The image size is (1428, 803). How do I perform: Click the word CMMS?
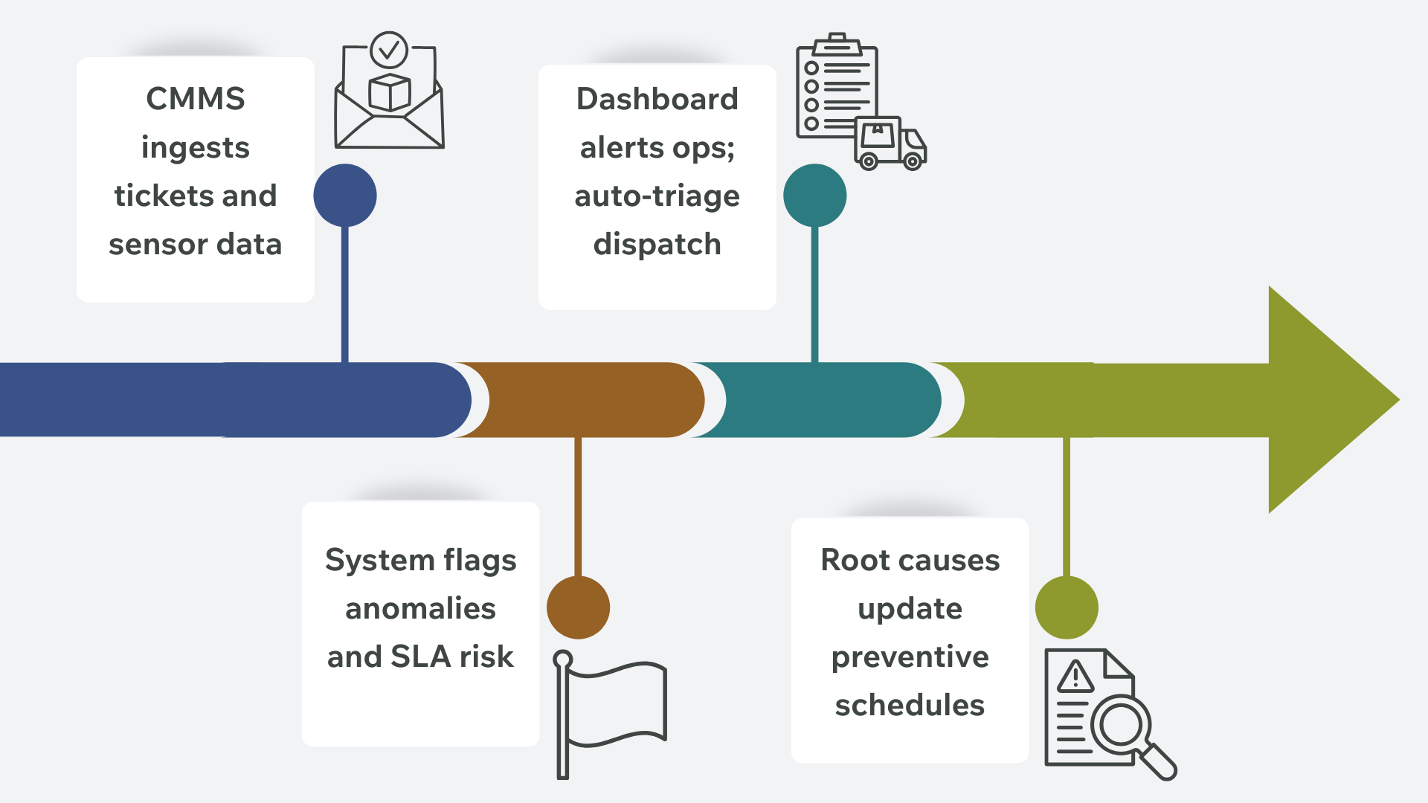point(195,99)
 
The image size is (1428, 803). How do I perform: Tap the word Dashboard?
point(657,99)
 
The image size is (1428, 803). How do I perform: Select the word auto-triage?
point(657,196)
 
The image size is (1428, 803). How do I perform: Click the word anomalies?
point(420,608)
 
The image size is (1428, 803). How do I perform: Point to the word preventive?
point(910,657)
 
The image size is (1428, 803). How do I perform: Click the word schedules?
point(910,705)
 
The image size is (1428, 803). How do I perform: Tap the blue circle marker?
point(345,196)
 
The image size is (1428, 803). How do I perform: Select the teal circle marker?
point(814,196)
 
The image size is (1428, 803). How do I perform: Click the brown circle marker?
point(578,607)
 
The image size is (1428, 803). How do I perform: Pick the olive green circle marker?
point(1067,607)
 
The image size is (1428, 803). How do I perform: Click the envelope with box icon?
point(389,112)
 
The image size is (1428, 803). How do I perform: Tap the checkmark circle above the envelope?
point(388,50)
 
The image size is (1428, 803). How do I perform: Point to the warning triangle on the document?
point(1075,677)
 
